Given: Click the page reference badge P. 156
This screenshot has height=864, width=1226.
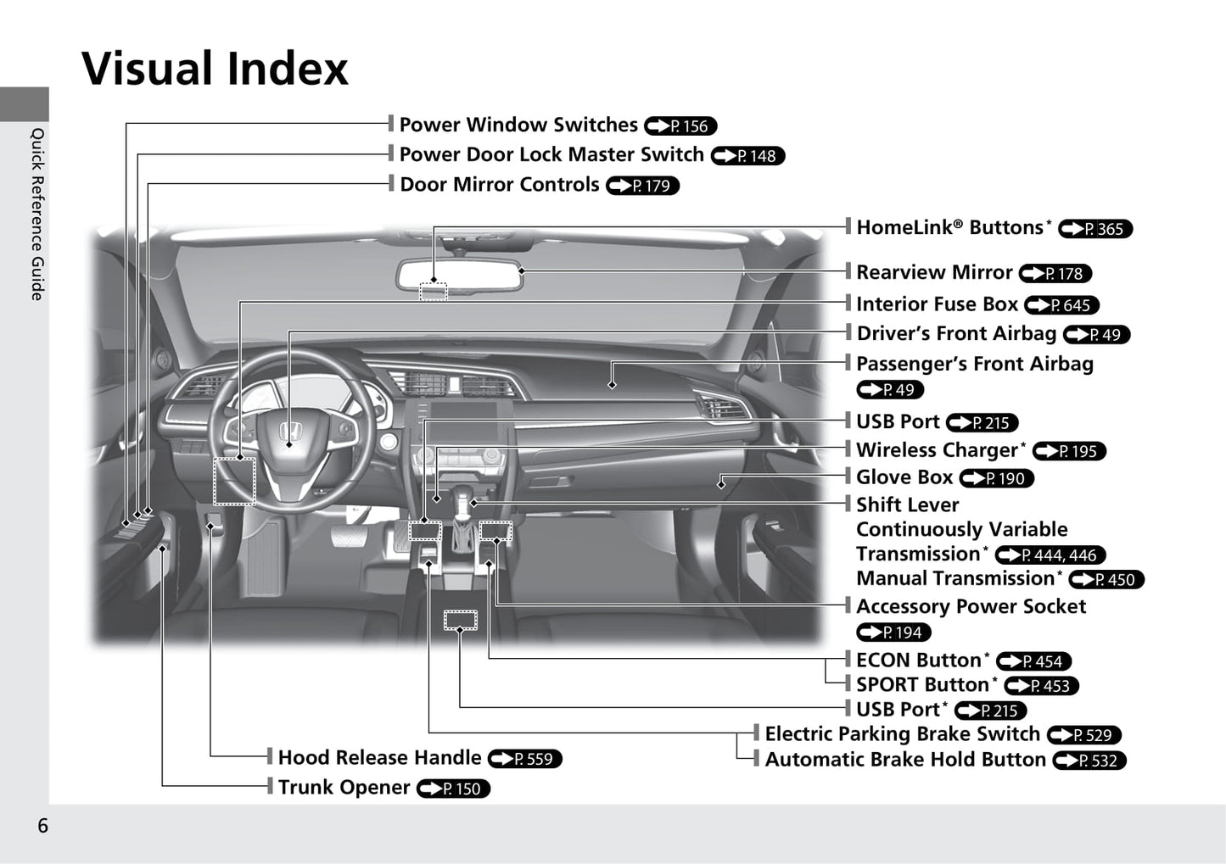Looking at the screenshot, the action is click(x=680, y=125).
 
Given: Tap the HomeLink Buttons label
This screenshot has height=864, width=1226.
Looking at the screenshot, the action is click(x=954, y=227).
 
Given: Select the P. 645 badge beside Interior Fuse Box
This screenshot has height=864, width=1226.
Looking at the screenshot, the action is click(x=1061, y=305).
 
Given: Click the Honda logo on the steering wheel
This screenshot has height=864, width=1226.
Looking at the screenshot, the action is click(x=291, y=431).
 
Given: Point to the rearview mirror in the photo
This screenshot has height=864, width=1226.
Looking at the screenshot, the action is click(x=460, y=275).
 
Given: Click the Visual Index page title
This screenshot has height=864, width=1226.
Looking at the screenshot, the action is click(x=215, y=69).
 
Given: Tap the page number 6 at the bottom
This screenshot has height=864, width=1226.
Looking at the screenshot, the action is click(x=42, y=826).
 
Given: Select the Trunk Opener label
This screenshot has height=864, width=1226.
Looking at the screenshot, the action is click(x=344, y=788).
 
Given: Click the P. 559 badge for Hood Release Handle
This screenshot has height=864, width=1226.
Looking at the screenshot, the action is click(x=525, y=759).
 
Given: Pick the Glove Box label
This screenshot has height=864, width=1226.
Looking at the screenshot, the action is click(x=904, y=477).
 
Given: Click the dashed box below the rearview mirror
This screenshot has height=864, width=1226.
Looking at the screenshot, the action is click(x=434, y=292).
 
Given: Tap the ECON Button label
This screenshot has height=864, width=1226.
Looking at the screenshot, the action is click(x=922, y=660).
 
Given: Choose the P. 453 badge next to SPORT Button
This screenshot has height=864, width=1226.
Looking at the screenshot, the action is click(x=1041, y=686).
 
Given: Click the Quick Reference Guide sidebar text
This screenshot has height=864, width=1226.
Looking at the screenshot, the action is click(x=37, y=214).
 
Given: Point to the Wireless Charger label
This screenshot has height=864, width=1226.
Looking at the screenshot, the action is click(x=940, y=450).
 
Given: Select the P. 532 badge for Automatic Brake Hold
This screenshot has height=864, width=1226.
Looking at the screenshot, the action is click(x=1089, y=761).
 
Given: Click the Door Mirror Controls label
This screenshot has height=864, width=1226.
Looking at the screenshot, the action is click(x=500, y=185).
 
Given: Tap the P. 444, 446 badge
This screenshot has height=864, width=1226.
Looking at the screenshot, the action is click(x=1050, y=555).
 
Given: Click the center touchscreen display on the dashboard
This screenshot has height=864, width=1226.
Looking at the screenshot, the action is click(x=463, y=421).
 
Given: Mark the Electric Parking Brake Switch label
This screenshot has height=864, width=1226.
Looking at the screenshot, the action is click(x=903, y=734).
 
